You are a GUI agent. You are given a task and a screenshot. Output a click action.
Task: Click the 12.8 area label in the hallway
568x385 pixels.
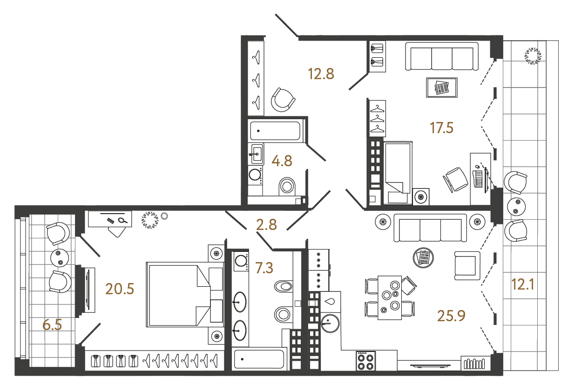(321, 74)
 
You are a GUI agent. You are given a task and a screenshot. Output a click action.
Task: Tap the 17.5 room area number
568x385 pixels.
(441, 128)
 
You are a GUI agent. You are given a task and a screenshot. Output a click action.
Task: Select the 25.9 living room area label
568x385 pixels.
(451, 316)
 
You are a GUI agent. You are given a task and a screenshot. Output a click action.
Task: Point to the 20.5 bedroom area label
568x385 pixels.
(120, 289)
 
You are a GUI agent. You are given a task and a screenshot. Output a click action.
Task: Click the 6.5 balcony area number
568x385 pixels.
(52, 324)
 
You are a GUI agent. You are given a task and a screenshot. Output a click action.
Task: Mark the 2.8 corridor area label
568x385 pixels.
(267, 225)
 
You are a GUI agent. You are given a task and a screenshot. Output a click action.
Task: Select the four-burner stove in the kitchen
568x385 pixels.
(366, 360)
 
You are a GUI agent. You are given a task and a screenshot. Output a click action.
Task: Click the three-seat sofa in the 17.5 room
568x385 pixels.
(442, 57)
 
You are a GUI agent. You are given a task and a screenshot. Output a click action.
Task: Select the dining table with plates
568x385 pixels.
(390, 297)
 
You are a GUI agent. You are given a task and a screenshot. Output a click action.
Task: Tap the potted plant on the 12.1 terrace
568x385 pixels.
(533, 56)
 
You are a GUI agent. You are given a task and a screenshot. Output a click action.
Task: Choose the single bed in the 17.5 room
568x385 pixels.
(398, 173)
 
